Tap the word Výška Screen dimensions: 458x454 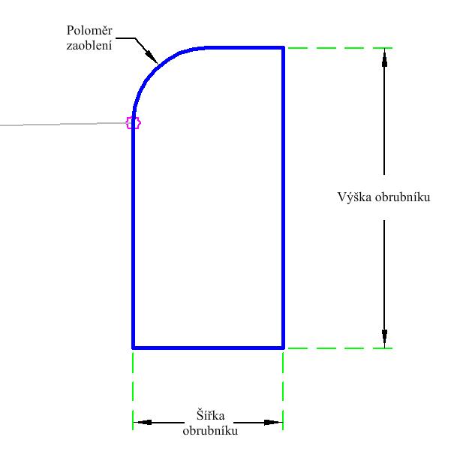[x=354, y=197]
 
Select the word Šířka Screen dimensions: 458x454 [x=210, y=416]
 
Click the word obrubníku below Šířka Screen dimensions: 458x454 [x=210, y=432]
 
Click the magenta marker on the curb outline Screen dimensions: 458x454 [x=133, y=122]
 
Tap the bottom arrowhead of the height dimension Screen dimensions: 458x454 [x=384, y=339]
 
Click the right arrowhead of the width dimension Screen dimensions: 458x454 [x=273, y=423]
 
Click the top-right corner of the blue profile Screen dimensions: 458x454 [x=283, y=48]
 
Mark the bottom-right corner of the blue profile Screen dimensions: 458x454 [x=283, y=348]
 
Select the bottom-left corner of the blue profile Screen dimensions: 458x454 [x=133, y=348]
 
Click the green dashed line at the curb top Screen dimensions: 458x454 [x=338, y=48]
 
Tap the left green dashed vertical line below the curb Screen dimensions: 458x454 [x=133, y=387]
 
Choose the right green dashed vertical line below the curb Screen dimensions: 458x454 [x=283, y=387]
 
